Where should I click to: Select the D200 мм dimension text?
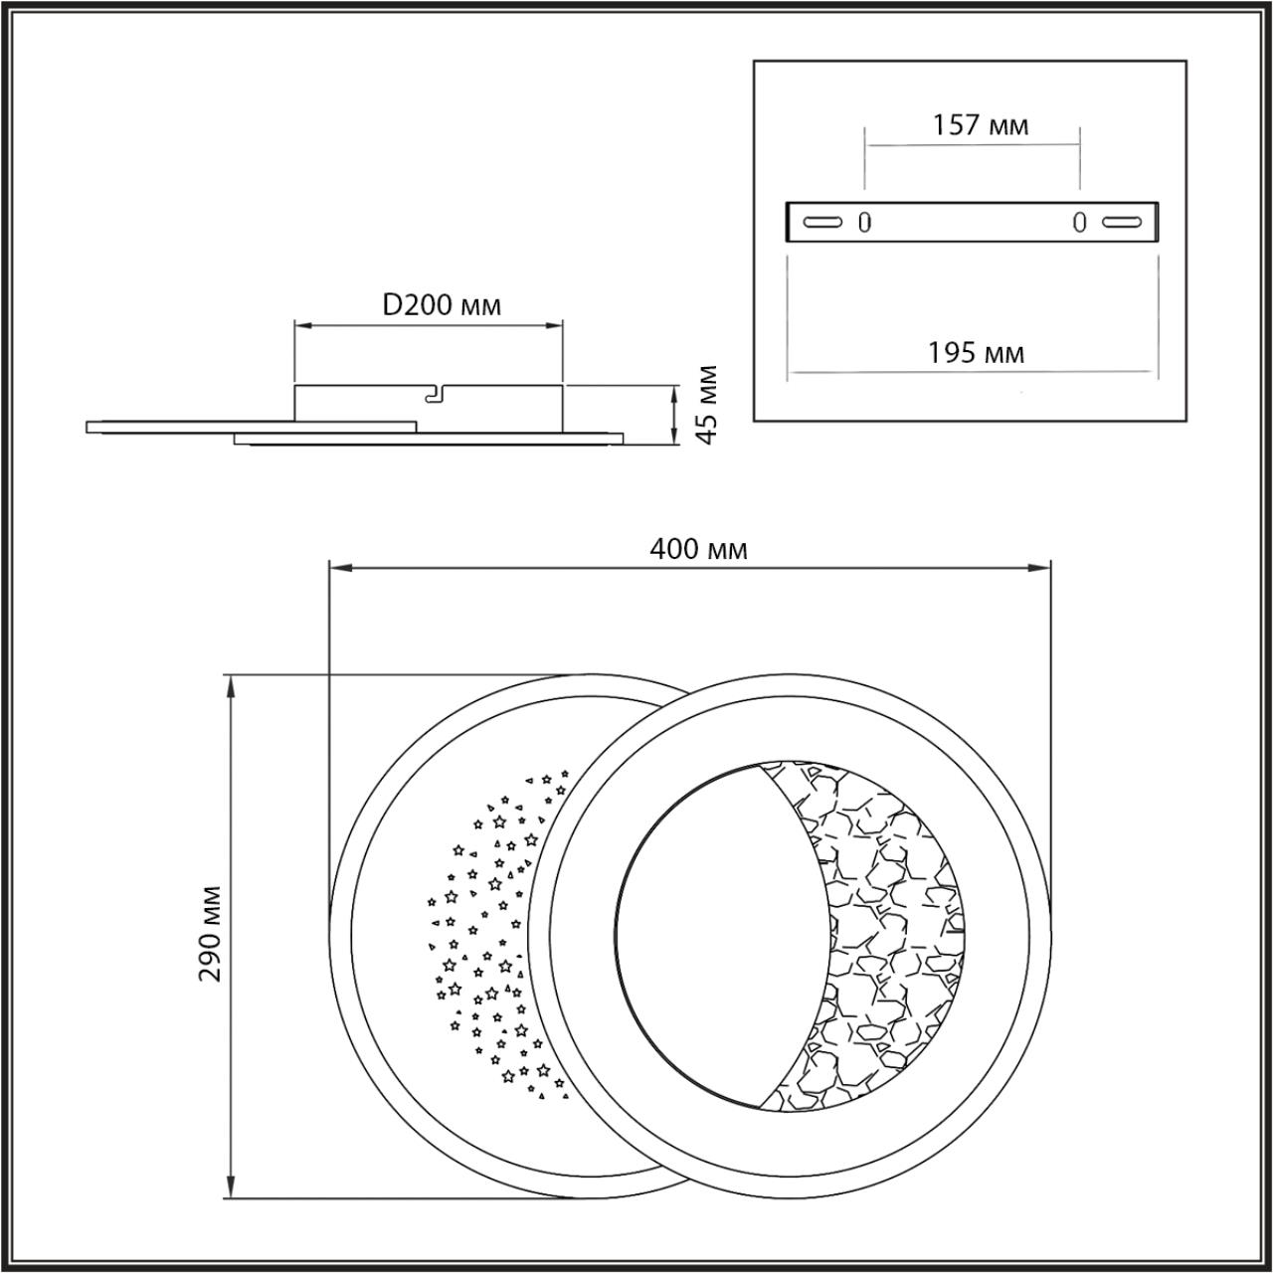click(x=442, y=304)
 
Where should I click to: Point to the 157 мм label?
click(x=980, y=125)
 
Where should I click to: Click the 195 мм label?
click(x=976, y=352)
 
